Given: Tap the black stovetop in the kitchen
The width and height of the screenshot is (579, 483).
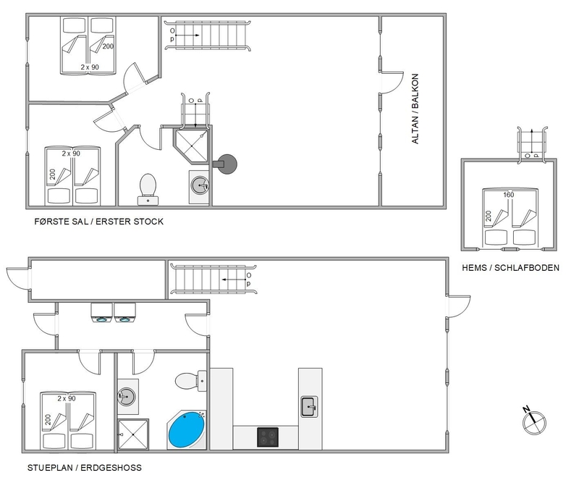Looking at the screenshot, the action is (268, 437).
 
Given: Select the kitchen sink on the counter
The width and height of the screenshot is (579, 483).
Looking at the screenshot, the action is (309, 406).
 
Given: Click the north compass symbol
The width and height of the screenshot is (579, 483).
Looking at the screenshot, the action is (534, 421).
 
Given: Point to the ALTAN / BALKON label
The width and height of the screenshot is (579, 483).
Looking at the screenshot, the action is (415, 109).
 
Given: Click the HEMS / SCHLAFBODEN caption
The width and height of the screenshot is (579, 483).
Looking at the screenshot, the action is (510, 268).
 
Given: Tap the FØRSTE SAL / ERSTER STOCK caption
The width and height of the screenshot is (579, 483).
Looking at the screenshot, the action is (98, 222).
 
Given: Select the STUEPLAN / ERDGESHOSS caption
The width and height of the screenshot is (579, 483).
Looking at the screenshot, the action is (84, 468).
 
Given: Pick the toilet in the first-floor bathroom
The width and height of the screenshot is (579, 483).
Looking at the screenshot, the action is (148, 189).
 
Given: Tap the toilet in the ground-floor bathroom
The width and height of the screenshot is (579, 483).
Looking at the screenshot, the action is (190, 381).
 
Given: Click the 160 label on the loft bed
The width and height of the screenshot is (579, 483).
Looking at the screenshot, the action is (509, 195).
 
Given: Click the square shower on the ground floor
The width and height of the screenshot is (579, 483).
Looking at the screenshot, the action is (133, 434).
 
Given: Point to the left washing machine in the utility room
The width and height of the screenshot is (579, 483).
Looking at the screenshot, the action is (102, 313).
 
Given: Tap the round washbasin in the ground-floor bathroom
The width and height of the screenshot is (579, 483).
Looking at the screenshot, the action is (126, 397).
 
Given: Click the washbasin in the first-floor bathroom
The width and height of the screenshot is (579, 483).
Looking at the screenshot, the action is (200, 184).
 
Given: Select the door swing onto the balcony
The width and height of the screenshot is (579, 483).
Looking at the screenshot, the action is (392, 83).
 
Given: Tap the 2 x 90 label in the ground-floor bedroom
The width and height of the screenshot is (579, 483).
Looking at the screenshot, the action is (67, 399).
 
